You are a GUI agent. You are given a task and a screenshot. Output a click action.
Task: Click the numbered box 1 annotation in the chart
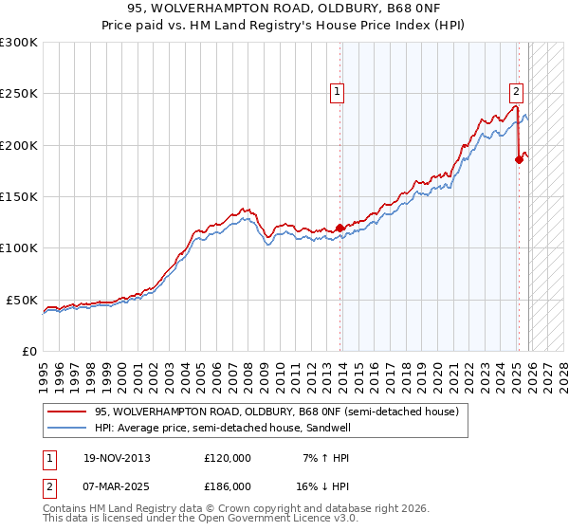click(338, 92)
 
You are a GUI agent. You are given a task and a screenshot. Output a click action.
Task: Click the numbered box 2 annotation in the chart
click(516, 92)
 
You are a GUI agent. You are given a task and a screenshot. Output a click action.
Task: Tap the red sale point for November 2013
click(340, 228)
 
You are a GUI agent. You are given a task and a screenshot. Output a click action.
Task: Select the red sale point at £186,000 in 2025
click(519, 159)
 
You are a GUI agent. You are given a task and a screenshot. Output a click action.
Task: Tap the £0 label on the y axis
click(28, 351)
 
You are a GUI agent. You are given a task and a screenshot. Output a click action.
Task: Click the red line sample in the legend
click(67, 412)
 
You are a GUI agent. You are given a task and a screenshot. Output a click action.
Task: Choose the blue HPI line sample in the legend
click(67, 428)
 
